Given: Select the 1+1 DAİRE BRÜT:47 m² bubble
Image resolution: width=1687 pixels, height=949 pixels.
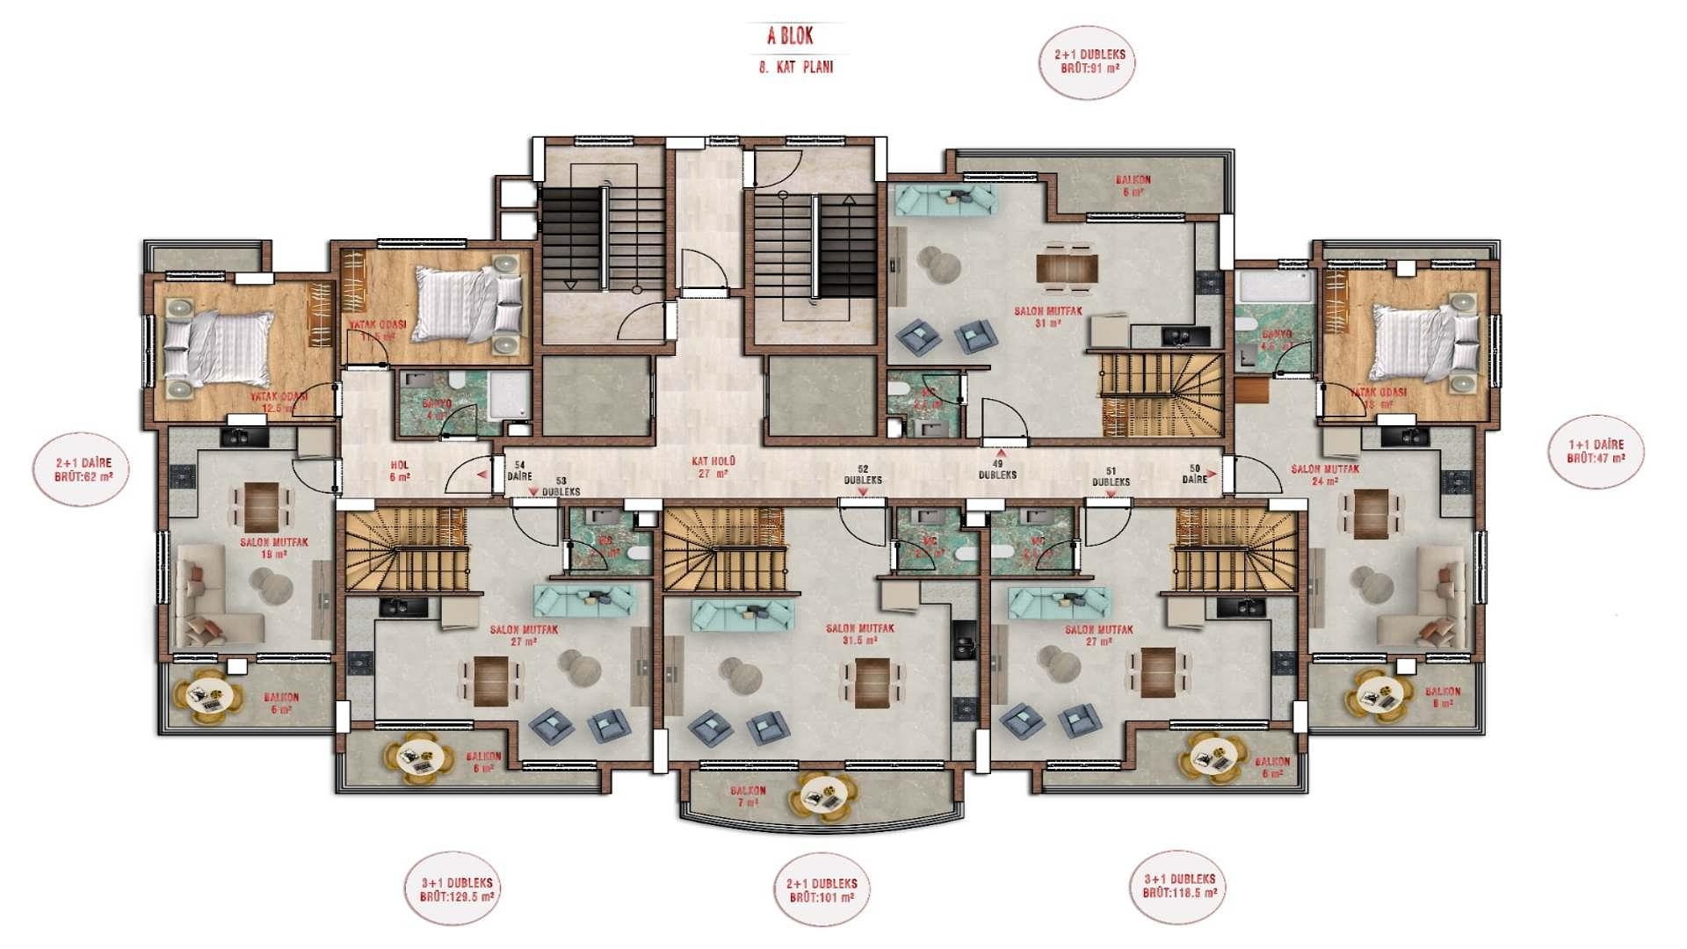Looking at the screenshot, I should (x=1595, y=452).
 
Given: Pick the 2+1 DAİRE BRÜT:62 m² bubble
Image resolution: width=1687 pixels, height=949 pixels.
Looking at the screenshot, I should (x=83, y=469).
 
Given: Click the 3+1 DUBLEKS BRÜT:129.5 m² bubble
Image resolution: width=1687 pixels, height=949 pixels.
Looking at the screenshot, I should (x=457, y=889).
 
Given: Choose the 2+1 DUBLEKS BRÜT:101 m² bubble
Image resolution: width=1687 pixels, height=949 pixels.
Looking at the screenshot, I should (x=822, y=890).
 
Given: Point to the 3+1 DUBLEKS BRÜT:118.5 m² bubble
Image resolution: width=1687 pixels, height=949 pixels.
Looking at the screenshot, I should (x=1180, y=886).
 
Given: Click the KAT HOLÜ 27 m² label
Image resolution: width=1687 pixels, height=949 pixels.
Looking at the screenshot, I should (x=713, y=467).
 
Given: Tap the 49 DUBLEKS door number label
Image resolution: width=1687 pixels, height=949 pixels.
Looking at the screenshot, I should (x=997, y=469).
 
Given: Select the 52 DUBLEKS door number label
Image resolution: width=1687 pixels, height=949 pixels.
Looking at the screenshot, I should (x=863, y=475).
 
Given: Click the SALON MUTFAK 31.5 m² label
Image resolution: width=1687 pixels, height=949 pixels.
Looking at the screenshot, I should (x=859, y=634).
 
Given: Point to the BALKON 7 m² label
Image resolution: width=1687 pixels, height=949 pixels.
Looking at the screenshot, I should (x=748, y=796).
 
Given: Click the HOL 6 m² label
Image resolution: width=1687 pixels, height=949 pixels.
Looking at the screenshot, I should (x=400, y=471).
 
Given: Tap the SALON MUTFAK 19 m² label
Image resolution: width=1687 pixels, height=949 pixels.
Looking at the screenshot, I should (x=274, y=548).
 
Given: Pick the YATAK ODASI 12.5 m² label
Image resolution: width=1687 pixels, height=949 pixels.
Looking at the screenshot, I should (x=279, y=402).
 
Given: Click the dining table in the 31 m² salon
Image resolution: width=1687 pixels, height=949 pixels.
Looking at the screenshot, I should (x=1067, y=267).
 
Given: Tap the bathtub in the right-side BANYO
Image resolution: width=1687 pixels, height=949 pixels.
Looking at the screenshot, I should (x=1274, y=287).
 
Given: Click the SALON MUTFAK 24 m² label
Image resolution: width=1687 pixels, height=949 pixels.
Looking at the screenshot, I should (x=1325, y=474).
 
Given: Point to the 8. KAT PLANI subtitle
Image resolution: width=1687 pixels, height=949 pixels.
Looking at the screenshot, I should (x=796, y=68).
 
